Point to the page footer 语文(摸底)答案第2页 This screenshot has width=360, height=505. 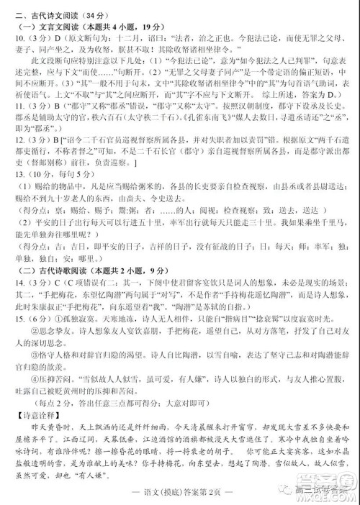pos(180,496)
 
